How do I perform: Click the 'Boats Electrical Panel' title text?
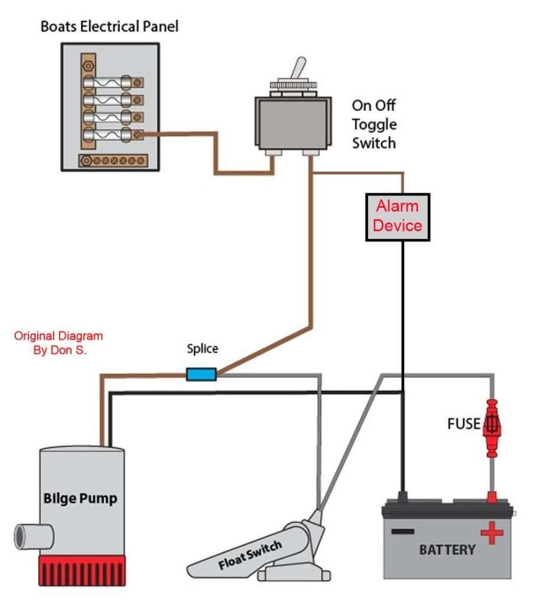click(109, 27)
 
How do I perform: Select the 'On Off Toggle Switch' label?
click(374, 124)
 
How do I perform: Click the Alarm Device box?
click(398, 217)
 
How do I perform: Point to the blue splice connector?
click(201, 374)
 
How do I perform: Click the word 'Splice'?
click(203, 348)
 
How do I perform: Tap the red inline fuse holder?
click(491, 427)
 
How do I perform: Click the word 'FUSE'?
click(464, 424)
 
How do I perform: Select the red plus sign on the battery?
click(491, 534)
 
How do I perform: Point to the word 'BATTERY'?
click(447, 550)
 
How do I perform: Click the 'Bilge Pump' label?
click(80, 498)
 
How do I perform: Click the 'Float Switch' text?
click(250, 556)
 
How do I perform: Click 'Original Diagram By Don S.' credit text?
click(58, 342)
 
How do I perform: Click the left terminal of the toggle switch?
click(273, 152)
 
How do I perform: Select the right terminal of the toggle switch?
click(311, 153)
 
